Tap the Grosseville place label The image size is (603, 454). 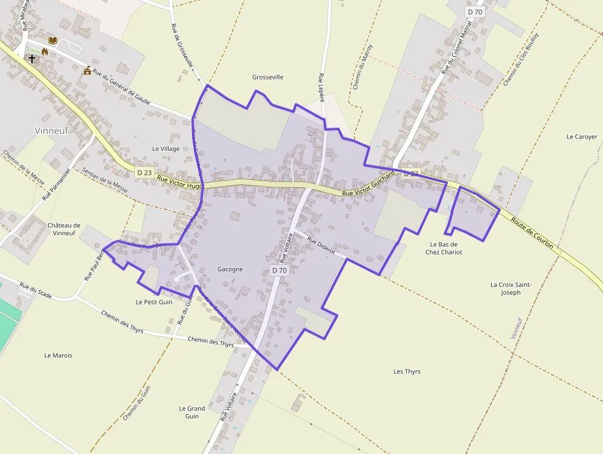pyautogui.click(x=268, y=77)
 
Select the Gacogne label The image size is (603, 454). pyautogui.click(x=230, y=269)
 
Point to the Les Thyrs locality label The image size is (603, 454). pyautogui.click(x=407, y=371)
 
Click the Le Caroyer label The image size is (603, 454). pyautogui.click(x=581, y=137)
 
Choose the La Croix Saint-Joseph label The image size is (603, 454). pyautogui.click(x=511, y=288)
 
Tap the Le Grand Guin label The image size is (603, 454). pyautogui.click(x=192, y=412)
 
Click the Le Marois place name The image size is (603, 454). pyautogui.click(x=58, y=355)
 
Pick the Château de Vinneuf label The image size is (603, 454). pyautogui.click(x=64, y=229)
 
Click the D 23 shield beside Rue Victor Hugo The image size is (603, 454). pyautogui.click(x=144, y=172)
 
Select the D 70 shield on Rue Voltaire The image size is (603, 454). pyautogui.click(x=279, y=270)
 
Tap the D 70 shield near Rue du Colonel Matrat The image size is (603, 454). pyautogui.click(x=474, y=12)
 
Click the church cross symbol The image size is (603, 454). pyautogui.click(x=31, y=59)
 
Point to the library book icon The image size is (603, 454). pyautogui.click(x=53, y=40)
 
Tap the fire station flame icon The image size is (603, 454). pyautogui.click(x=44, y=52)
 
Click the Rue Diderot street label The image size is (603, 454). pyautogui.click(x=321, y=246)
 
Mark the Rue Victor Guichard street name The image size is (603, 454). pyautogui.click(x=368, y=185)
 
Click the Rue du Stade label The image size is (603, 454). pyautogui.click(x=35, y=290)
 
